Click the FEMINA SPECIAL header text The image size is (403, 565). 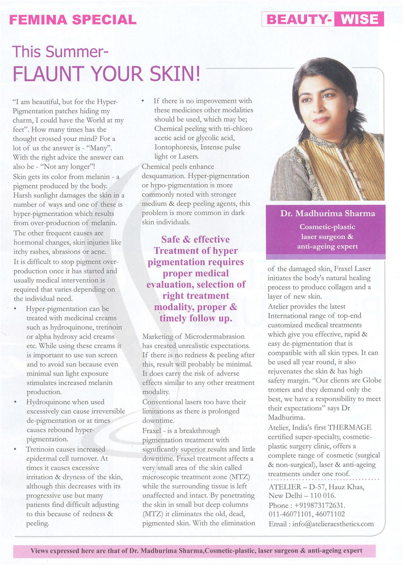click(x=72, y=20)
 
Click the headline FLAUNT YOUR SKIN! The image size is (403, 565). click(x=107, y=74)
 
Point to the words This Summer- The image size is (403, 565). click(x=60, y=52)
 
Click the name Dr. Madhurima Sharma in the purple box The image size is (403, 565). click(x=327, y=213)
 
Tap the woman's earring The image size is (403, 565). click(x=352, y=108)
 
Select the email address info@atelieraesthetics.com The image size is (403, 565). click(x=333, y=524)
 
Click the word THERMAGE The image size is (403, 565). click(x=350, y=427)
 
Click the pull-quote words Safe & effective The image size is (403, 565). click(x=195, y=240)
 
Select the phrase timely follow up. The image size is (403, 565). click(x=196, y=318)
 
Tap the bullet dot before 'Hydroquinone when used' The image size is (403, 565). click(x=15, y=402)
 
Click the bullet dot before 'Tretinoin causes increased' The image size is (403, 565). click(x=15, y=450)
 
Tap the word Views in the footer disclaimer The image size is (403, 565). click(x=39, y=551)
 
